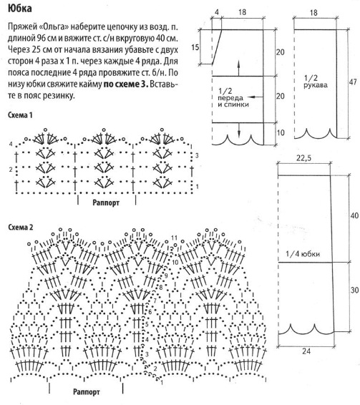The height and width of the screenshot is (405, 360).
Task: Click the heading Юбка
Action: click(19, 9)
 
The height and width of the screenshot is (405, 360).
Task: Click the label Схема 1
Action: click(21, 115)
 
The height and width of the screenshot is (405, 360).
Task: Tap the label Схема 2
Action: click(21, 228)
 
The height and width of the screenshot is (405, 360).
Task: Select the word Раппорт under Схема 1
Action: click(106, 202)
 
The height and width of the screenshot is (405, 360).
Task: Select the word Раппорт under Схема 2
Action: click(87, 392)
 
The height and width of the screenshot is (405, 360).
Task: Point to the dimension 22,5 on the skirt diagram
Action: click(303, 158)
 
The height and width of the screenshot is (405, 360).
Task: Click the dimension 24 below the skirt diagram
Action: click(306, 351)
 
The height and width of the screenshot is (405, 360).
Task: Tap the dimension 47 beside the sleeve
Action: click(353, 82)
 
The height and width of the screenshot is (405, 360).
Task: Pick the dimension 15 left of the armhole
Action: click(195, 47)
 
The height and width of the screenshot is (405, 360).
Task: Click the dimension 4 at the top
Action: click(217, 12)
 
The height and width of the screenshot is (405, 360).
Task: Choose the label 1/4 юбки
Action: click(303, 254)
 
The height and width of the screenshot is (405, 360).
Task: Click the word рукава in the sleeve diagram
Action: click(316, 85)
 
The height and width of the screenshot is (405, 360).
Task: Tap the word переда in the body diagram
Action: click(230, 98)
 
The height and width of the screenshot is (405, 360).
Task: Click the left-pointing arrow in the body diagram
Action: click(255, 97)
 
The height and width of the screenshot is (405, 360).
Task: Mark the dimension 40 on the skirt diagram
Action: click(354, 215)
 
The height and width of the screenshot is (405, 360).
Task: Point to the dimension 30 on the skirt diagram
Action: click(354, 290)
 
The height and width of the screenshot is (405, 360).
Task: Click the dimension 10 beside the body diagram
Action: click(281, 133)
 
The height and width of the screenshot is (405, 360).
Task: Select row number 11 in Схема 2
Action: click(174, 238)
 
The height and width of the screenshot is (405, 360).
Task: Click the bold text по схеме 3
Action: click(126, 84)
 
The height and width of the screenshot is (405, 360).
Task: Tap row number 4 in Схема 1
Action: click(11, 144)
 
